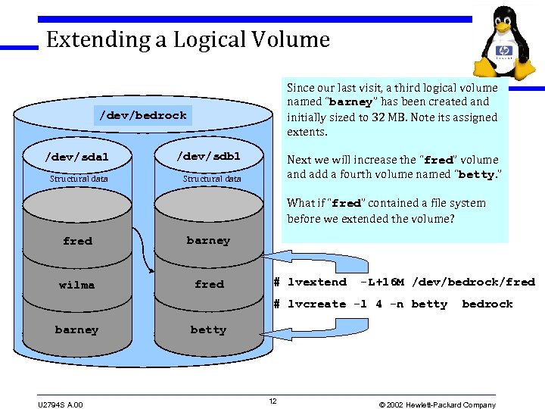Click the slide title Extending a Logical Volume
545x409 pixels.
(188, 39)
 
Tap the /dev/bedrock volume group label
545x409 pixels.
(143, 116)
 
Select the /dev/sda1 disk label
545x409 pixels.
(77, 157)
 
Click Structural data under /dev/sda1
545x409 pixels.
(79, 179)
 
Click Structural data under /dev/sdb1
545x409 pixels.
(212, 179)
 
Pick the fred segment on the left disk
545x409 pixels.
(77, 241)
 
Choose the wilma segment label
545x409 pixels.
(77, 285)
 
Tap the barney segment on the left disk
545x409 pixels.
(76, 329)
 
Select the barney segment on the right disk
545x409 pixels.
(208, 240)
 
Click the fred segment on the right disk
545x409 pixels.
(209, 284)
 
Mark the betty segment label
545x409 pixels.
(208, 329)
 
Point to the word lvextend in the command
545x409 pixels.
(316, 282)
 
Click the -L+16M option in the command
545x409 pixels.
(382, 282)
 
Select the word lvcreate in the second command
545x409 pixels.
(316, 304)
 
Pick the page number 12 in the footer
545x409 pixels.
(272, 401)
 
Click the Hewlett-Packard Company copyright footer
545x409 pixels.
(437, 404)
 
